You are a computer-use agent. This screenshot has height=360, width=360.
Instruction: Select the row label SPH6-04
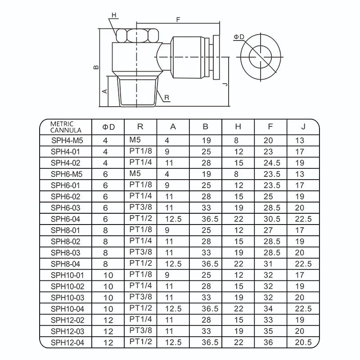[x=65, y=219]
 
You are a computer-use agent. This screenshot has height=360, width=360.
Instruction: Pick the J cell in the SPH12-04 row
[x=302, y=343]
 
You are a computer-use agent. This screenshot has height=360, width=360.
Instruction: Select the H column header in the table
[x=238, y=127]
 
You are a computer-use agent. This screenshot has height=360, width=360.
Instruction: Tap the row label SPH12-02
[x=65, y=320]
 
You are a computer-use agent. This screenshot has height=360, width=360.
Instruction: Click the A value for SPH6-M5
[x=167, y=174]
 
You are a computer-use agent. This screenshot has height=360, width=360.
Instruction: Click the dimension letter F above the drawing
[x=178, y=19]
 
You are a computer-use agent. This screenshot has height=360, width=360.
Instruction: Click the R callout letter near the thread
[x=166, y=98]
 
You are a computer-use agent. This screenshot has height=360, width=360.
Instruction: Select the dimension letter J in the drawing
[x=225, y=84]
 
